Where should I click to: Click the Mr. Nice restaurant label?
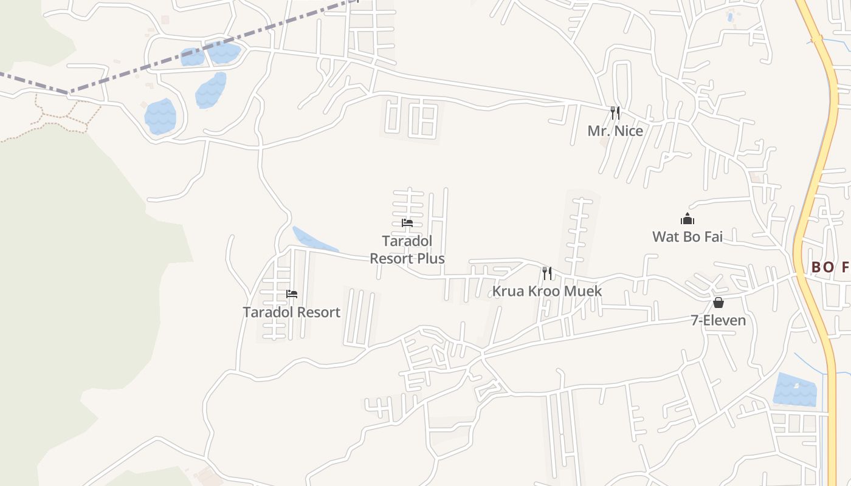[615, 131]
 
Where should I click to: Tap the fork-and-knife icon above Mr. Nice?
[615, 113]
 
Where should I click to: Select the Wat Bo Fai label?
[687, 236]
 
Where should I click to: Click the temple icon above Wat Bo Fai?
[687, 219]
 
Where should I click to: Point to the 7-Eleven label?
[718, 320]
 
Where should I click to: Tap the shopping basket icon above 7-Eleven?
[718, 303]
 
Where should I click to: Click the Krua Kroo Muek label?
[546, 291]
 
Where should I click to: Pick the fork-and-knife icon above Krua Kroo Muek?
[547, 273]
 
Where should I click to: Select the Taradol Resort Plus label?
[407, 250]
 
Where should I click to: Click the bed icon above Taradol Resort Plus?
[407, 223]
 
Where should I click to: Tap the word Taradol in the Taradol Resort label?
[266, 312]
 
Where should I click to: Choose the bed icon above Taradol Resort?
[292, 295]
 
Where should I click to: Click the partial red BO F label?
[830, 267]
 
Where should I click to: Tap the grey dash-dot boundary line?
[182, 58]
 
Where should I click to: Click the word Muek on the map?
[582, 291]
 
